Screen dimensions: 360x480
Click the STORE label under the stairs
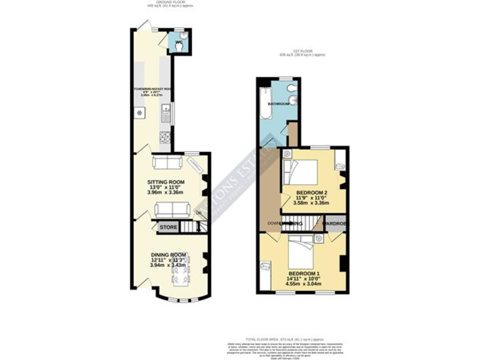point(167,227)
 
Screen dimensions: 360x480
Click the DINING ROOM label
point(169,254)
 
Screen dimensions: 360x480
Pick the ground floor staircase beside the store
point(190,227)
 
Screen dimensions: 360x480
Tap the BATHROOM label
point(278,103)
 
